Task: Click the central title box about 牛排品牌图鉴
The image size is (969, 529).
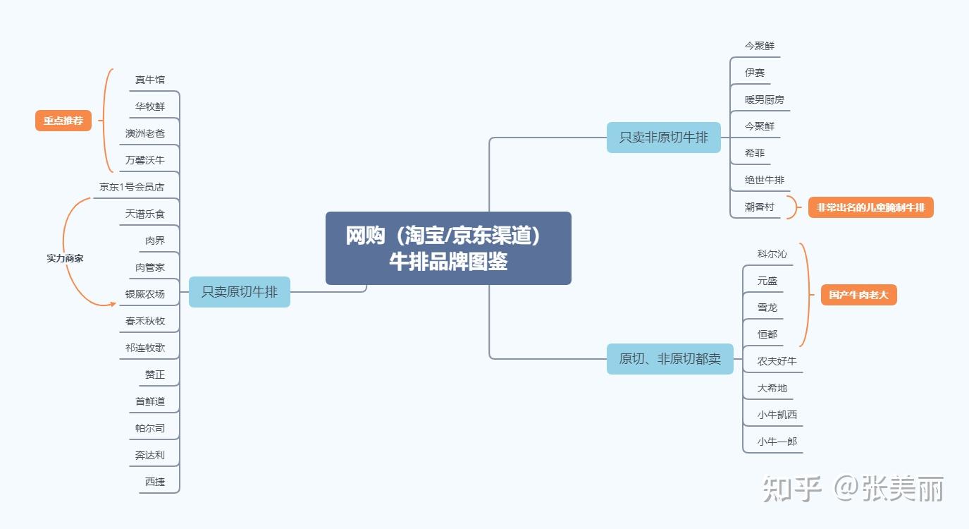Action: (448, 248)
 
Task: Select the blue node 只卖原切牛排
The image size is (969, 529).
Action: (240, 292)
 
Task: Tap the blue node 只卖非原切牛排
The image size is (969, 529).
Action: (664, 138)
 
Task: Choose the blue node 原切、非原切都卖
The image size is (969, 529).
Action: (669, 359)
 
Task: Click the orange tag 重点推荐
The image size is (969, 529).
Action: (63, 121)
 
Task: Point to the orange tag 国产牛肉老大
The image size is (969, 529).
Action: (858, 295)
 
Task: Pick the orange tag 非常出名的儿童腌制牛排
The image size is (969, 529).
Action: (870, 207)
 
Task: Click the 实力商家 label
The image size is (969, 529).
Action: (65, 258)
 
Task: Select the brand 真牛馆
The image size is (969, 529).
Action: (150, 80)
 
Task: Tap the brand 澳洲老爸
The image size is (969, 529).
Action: (145, 133)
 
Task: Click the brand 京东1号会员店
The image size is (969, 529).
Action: (132, 187)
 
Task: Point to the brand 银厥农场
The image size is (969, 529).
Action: (145, 294)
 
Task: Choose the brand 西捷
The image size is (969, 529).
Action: (155, 482)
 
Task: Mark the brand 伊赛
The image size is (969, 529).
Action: (755, 73)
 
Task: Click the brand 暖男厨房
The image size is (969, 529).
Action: (765, 99)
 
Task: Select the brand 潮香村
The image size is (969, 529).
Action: (760, 207)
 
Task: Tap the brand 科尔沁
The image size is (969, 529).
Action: (772, 254)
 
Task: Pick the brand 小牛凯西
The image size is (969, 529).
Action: (777, 415)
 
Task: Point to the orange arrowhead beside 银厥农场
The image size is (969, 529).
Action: (113, 304)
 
